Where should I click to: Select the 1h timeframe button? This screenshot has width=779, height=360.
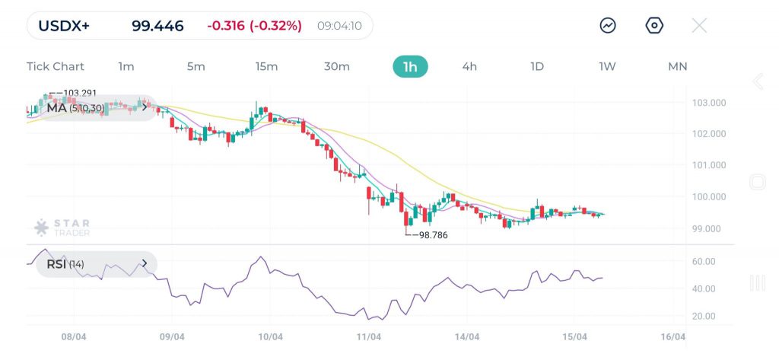(x=410, y=66)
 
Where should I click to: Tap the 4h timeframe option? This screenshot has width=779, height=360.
(x=469, y=66)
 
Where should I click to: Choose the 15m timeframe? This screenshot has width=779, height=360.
(x=266, y=66)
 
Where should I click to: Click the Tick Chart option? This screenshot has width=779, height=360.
(x=56, y=66)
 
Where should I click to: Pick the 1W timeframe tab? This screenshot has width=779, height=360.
(x=607, y=66)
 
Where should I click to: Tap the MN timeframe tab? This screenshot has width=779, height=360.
(x=677, y=66)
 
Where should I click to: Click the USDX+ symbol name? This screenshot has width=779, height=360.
(x=64, y=26)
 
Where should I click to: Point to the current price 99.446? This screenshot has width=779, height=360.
(x=157, y=26)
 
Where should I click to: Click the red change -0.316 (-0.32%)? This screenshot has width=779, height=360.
(x=254, y=26)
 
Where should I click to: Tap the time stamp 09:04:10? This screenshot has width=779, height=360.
(x=339, y=26)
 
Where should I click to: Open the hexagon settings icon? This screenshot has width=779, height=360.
(x=654, y=25)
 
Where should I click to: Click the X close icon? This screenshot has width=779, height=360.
(x=699, y=25)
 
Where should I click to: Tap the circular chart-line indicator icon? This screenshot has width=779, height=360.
(x=608, y=25)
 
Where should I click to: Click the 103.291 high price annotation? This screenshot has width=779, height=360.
(x=80, y=94)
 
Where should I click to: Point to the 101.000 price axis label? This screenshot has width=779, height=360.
(x=708, y=165)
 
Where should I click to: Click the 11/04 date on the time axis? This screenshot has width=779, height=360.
(x=368, y=336)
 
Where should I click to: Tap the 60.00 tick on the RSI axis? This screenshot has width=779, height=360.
(x=704, y=261)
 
